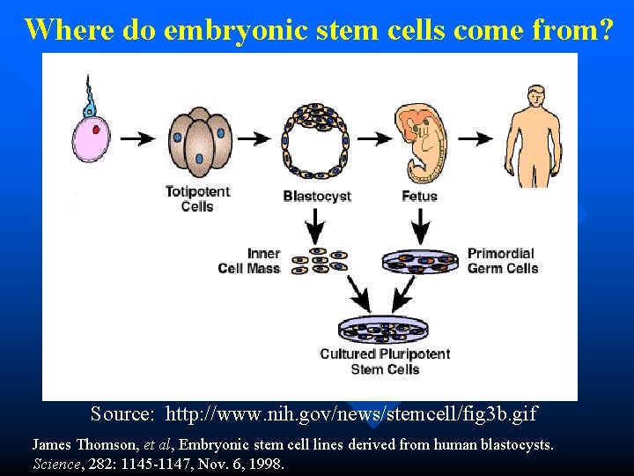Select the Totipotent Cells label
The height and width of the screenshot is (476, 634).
(x=197, y=198)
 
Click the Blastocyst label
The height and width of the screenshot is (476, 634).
(x=317, y=196)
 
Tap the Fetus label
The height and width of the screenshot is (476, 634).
(x=419, y=196)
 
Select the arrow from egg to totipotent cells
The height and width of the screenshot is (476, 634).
(x=137, y=138)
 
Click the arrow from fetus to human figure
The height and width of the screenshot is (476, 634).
(x=475, y=138)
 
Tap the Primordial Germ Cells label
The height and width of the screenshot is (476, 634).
(x=502, y=261)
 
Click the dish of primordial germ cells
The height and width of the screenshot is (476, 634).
(x=421, y=261)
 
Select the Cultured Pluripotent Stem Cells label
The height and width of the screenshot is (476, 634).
(x=385, y=361)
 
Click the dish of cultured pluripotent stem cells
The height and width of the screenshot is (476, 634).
(x=385, y=330)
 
